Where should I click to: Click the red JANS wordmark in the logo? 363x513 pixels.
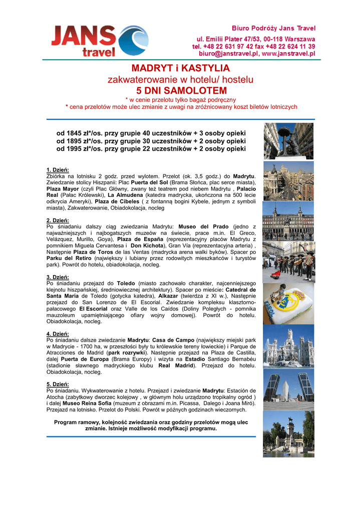[x=83, y=36]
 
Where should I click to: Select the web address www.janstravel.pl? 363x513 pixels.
[x=288, y=52]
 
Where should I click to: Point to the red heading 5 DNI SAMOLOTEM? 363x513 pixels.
[x=181, y=91]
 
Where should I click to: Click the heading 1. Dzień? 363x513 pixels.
[x=58, y=169]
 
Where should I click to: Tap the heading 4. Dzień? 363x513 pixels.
[x=58, y=334]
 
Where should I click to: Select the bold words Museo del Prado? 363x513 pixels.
[x=202, y=227]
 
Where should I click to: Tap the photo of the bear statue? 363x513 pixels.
[x=288, y=141]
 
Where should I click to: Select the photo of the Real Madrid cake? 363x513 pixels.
[x=288, y=304]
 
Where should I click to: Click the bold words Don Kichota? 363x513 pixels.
[x=147, y=246]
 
